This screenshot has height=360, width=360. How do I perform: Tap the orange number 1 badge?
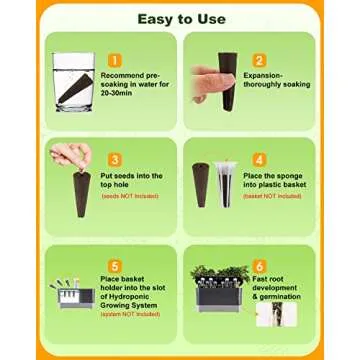[x=116, y=60]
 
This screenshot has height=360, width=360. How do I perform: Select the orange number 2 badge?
[x=258, y=60]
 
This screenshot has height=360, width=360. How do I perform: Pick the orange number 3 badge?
[x=114, y=159]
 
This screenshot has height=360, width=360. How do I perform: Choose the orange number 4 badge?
[x=259, y=159]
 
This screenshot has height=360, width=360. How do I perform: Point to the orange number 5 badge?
[x=114, y=265]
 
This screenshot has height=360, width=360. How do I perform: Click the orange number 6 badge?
[x=259, y=265]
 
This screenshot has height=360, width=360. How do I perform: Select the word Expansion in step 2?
[x=262, y=74]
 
